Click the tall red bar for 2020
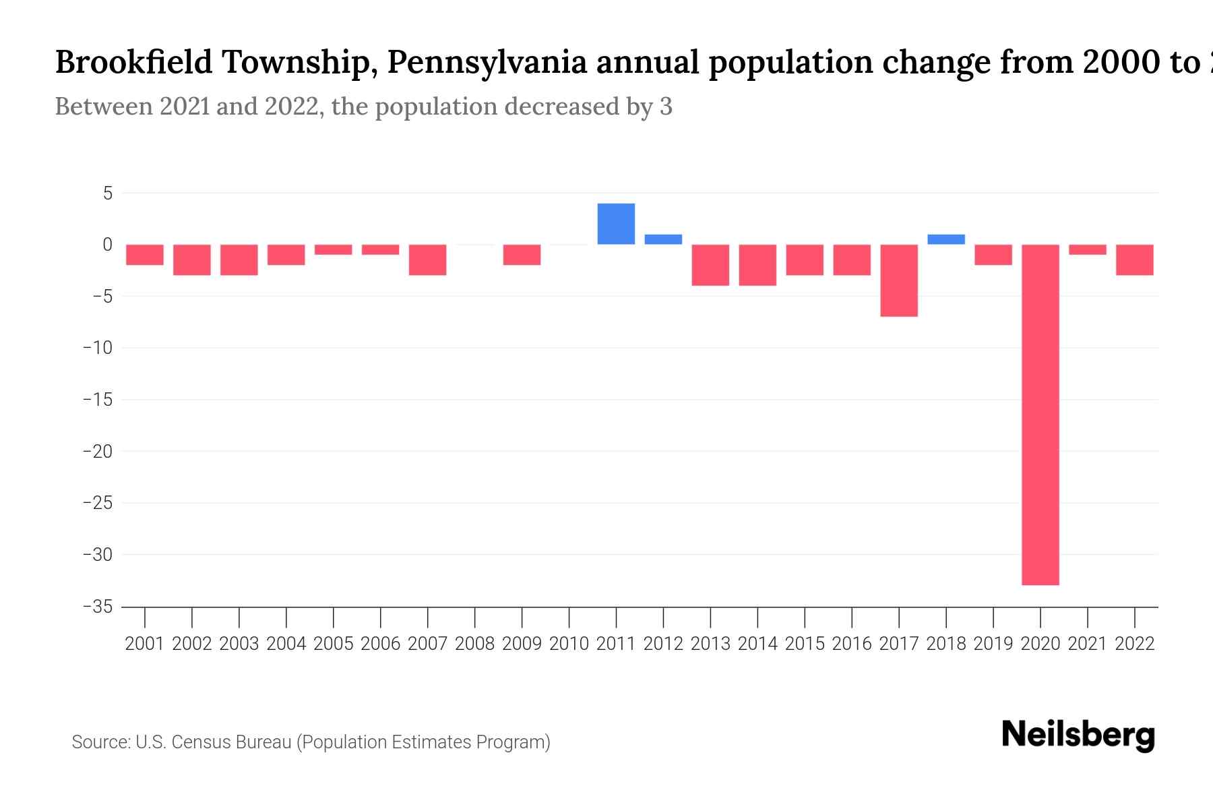[1040, 415]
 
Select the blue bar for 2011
[616, 224]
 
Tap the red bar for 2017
[899, 280]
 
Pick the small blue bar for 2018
[946, 239]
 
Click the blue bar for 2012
[663, 239]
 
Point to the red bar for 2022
[1135, 260]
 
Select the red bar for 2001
[145, 255]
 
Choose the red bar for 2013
[710, 265]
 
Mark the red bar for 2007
[428, 260]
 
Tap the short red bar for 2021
[1088, 249]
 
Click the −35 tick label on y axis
[98, 607]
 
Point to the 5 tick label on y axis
[107, 193]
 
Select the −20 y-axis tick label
[98, 451]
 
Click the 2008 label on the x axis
[475, 644]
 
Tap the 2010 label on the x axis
[569, 644]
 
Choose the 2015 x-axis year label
[805, 644]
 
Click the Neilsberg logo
[1078, 735]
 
